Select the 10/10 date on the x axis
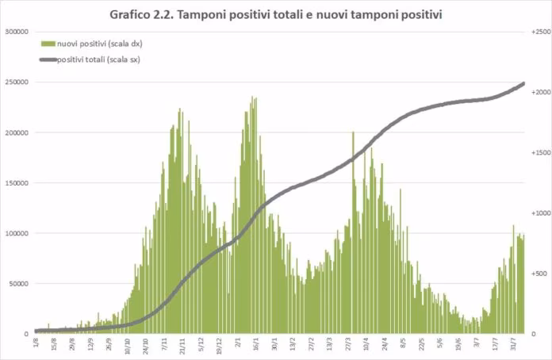pos(128,344)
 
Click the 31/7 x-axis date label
pos(515,344)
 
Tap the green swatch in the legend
pos(48,43)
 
